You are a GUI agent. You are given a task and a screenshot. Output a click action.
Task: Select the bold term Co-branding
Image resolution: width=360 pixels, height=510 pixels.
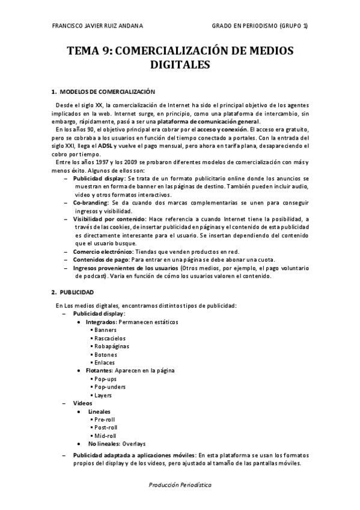(x=90, y=203)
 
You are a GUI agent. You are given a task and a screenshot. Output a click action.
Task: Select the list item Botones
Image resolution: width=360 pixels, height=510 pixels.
(x=106, y=354)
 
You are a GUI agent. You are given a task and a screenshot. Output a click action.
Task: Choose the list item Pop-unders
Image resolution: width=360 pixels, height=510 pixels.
(x=110, y=387)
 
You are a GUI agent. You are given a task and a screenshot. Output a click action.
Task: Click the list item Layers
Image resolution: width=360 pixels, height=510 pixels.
(x=103, y=395)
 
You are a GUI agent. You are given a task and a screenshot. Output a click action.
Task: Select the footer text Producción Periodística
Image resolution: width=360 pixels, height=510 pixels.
(x=180, y=484)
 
